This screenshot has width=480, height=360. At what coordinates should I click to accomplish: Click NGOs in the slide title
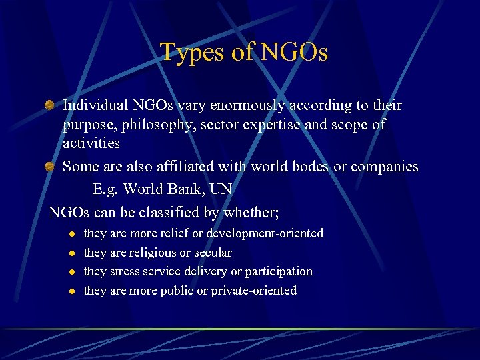pos(294,53)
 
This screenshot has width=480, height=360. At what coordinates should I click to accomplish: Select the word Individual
pos(93,105)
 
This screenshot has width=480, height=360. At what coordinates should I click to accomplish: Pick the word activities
pos(91,143)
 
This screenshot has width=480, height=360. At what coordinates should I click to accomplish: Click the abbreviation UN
pos(221,189)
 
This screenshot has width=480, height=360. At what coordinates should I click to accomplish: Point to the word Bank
pos(185,189)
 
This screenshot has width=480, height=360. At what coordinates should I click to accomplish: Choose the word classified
pos(189,213)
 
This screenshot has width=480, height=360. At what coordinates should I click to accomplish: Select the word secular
pos(211,253)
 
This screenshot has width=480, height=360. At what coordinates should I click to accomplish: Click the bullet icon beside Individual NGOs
pos(49,105)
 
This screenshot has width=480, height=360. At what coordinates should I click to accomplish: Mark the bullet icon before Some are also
pos(49,167)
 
